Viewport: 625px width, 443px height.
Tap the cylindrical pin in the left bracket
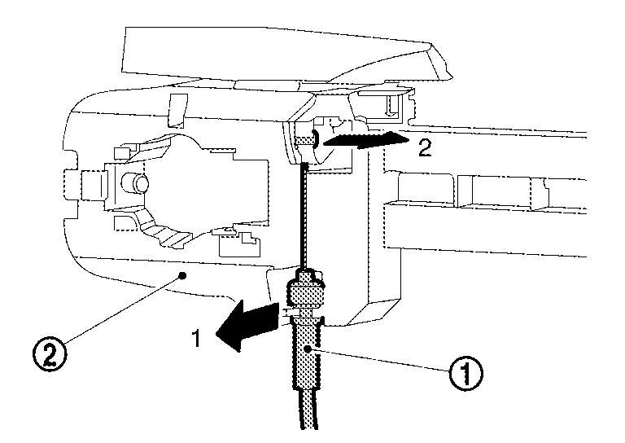[133, 182]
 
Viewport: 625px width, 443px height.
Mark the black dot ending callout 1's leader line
[310, 349]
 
